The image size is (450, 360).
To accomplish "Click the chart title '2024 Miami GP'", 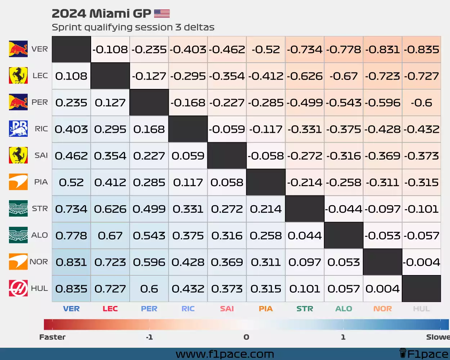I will (x=101, y=14).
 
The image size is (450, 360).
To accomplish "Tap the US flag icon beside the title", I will (x=162, y=14).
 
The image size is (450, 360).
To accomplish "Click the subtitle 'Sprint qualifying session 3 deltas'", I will (x=133, y=27).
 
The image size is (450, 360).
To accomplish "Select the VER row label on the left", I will (x=40, y=49).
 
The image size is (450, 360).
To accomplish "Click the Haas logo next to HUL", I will (x=18, y=288).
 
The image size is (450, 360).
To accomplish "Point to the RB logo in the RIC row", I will (x=18, y=129).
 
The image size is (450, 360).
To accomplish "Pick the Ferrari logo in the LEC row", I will (x=18, y=76).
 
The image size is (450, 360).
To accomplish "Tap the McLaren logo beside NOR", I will (x=18, y=262).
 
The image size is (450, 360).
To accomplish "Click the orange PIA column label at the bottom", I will (x=266, y=309).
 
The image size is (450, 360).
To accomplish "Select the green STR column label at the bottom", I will (x=305, y=309).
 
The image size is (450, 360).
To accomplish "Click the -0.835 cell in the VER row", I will (x=421, y=49).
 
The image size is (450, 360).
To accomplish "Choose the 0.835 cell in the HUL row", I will (x=71, y=289).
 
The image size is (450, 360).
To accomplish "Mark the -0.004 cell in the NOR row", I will (x=421, y=262).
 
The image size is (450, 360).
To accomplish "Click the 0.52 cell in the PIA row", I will (x=71, y=183).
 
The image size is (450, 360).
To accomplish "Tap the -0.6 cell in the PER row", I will (x=421, y=103).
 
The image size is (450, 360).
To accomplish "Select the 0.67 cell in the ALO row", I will (x=110, y=236).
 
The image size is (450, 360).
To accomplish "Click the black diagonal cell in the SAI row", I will (x=227, y=156).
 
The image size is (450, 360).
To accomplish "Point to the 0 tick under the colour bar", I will (x=246, y=337).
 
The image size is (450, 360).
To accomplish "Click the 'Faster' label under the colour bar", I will (x=52, y=337).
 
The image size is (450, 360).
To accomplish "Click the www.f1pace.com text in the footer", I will (x=225, y=354).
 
